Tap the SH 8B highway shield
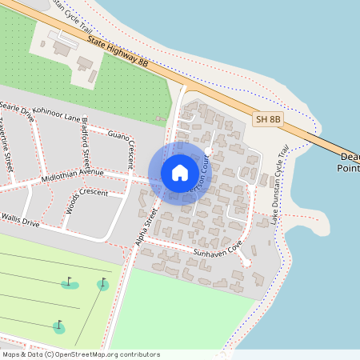(x=268, y=119)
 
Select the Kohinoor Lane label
(x=62, y=118)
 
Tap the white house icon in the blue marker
(x=180, y=173)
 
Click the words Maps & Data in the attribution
(x=21, y=354)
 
